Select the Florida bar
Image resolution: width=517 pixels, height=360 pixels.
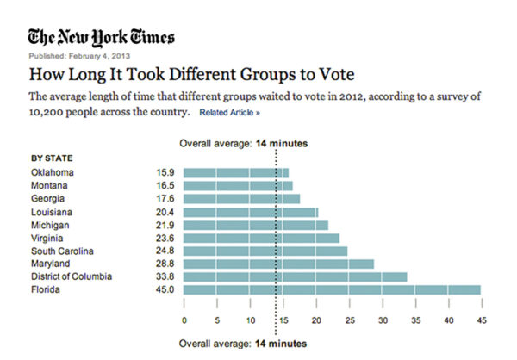tap(332, 289)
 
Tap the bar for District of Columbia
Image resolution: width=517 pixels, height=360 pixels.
tap(295, 276)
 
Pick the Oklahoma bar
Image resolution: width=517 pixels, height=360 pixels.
tap(236, 172)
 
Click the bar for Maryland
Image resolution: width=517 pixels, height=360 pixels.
tap(278, 264)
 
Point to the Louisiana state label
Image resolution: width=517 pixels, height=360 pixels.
tap(52, 212)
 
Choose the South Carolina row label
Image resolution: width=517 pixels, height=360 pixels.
tap(63, 251)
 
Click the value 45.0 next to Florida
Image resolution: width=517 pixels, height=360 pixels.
tap(164, 289)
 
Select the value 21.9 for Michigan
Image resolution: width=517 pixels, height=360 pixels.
tap(164, 225)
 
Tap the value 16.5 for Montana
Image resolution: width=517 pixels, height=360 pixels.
tap(164, 186)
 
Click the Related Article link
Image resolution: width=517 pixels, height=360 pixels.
tap(229, 113)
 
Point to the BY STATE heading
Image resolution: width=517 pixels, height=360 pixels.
tap(52, 158)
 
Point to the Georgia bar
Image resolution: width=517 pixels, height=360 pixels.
tap(241, 199)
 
